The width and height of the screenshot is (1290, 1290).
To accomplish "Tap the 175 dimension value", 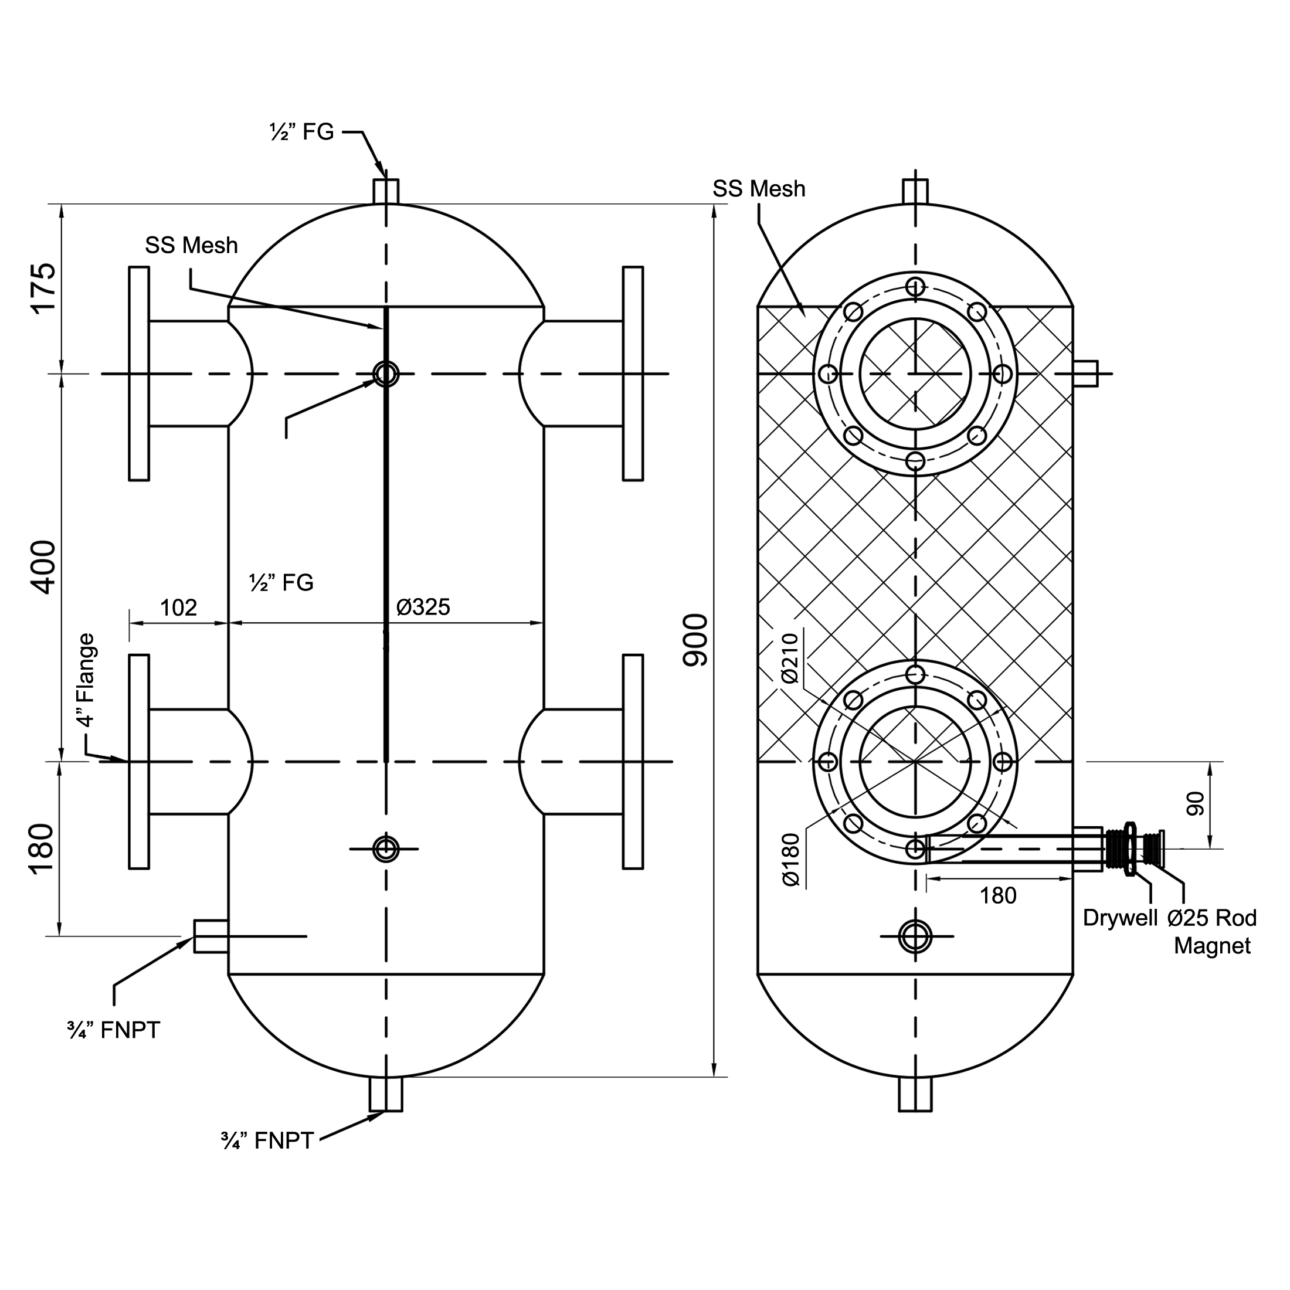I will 43,288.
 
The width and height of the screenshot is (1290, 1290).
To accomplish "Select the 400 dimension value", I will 43,567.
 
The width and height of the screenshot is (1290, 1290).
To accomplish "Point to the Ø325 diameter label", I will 423,607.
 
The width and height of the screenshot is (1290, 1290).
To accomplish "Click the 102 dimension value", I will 178,607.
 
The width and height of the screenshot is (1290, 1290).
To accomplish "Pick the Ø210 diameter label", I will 789,658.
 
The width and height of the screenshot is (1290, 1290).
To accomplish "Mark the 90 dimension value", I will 1195,803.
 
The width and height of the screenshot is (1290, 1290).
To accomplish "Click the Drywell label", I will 1120,918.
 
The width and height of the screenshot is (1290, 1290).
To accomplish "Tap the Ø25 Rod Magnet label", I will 1212,932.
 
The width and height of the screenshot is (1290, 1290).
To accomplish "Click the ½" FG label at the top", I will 301,132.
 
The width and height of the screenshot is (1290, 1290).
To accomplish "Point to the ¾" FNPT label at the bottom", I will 267,1140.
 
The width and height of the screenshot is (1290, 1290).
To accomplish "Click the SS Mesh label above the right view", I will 759,189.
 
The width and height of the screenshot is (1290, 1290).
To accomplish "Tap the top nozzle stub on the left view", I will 386,191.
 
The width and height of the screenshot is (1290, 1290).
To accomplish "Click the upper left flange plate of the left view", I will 139,374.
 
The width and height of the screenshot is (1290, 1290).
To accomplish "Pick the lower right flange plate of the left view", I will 633,761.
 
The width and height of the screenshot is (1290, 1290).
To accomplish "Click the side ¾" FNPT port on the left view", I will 211,935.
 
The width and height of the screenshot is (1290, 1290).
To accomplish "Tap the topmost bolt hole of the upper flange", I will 915,287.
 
